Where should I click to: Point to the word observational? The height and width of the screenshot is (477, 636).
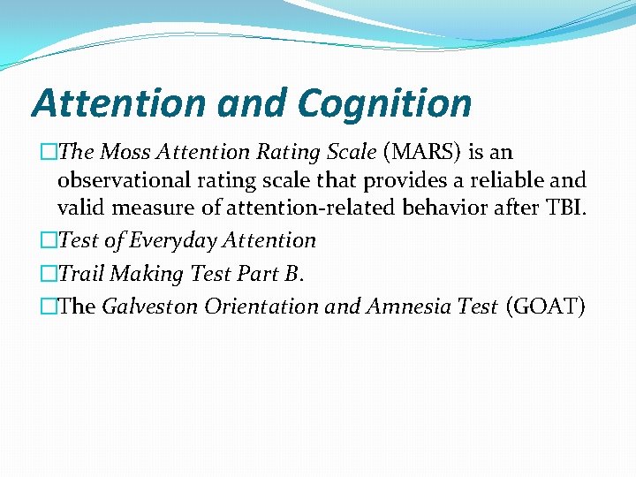pos(123,180)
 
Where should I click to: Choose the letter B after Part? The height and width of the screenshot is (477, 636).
pos(292,274)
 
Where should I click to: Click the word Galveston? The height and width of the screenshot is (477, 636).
pos(151,307)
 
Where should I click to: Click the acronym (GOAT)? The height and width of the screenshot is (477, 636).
pos(546,307)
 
